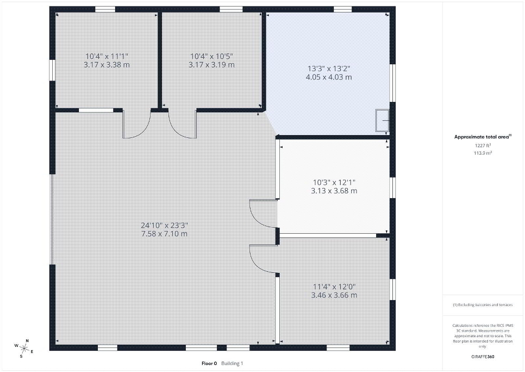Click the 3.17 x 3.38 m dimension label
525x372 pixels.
coord(107,65)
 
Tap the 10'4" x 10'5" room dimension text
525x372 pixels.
coord(211,56)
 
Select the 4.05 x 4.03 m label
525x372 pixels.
coord(329,77)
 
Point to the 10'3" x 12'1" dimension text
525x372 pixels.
coord(334,182)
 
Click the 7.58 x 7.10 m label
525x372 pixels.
coord(164,234)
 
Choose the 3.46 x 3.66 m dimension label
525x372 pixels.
coord(334,295)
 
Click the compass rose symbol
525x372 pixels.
coord(24,348)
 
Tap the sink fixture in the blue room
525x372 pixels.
coord(382,120)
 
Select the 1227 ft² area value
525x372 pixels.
coord(483,145)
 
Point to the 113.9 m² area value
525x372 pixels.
coord(483,153)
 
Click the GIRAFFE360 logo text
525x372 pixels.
coord(483,357)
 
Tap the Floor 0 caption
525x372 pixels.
coord(209,363)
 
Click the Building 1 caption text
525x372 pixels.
coord(232,363)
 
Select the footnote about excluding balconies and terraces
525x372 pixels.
coord(483,305)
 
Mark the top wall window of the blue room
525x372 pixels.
coord(342,9)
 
